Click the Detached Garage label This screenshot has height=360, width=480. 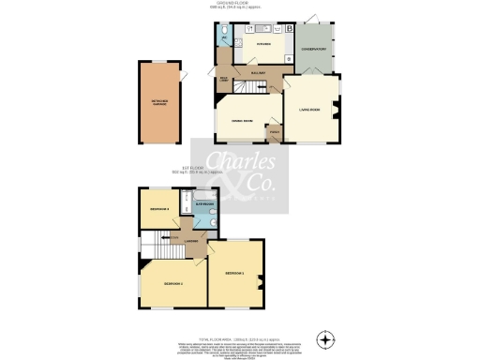click(157, 103)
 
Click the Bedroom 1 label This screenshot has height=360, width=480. click(235, 273)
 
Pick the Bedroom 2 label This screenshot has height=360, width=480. click(172, 283)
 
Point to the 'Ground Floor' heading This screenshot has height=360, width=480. click(240, 5)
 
